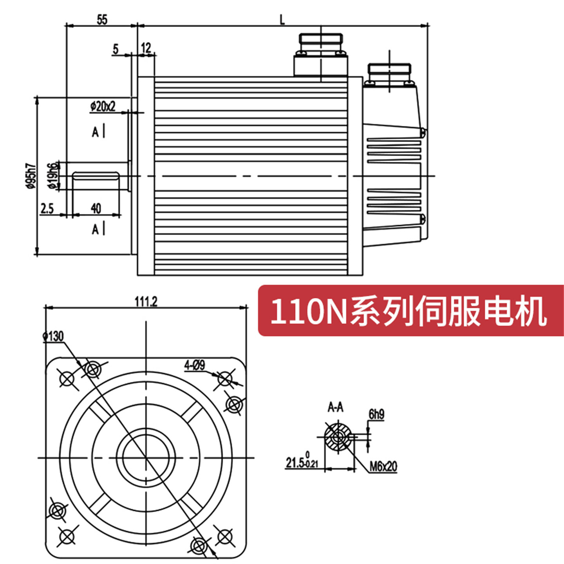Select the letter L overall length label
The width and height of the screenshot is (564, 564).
[x=282, y=20]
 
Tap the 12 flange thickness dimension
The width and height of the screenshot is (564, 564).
[x=146, y=48]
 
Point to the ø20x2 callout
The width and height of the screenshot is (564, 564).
[x=103, y=106]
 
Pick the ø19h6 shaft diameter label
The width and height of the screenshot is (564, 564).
[x=54, y=175]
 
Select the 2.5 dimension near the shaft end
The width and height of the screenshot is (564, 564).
[x=47, y=209]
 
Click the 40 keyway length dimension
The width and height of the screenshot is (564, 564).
[x=96, y=208]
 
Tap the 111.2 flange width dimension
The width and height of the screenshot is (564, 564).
[x=146, y=302]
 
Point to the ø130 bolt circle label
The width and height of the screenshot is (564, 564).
[x=53, y=336]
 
